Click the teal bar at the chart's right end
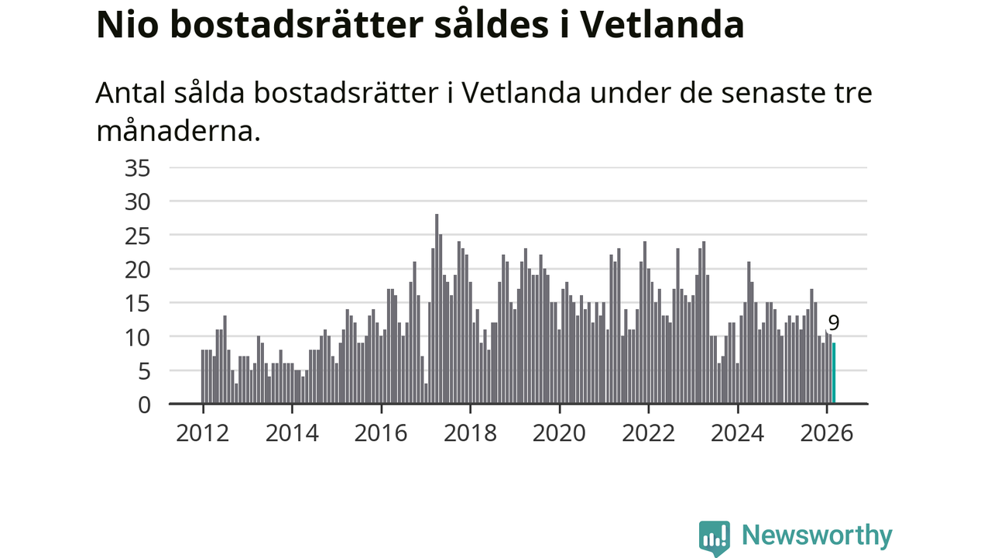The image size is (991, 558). coord(834,374)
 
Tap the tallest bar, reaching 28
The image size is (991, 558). coord(437,310)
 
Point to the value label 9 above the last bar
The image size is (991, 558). coord(834,323)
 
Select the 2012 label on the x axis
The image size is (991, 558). coord(202,432)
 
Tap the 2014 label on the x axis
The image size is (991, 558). coord(292,432)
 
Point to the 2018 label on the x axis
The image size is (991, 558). coord(471,432)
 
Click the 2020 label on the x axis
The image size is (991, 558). coord(560,432)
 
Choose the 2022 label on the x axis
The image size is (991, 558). coord(649,432)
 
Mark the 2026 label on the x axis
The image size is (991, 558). coord(827,432)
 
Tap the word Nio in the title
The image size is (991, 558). coord(125,25)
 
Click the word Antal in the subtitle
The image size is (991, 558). coord(128,93)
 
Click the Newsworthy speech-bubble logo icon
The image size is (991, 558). coord(714,537)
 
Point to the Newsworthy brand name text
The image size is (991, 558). coord(817,536)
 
